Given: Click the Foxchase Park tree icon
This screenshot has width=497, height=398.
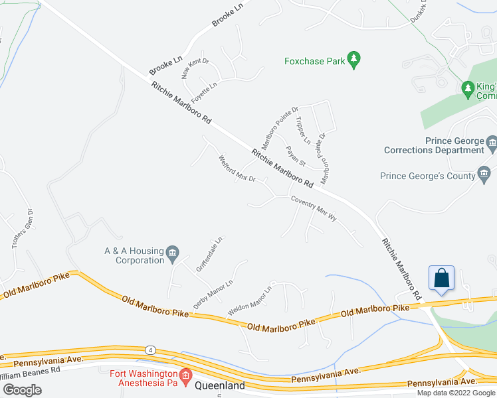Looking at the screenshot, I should pos(354,61).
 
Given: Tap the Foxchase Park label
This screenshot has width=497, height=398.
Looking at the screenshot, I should pos(314,61).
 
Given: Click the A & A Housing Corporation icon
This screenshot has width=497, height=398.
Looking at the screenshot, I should pos(173,252).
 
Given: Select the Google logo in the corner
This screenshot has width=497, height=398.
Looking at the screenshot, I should pos(22,389).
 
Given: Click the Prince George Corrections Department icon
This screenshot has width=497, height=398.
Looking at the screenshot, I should pos(492,142).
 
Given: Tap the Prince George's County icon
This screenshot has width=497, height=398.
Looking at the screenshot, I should pos(484,176).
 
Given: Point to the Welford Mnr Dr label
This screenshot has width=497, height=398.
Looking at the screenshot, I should pos(237,171).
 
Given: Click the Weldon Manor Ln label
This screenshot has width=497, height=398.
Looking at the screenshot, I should pos(250,301).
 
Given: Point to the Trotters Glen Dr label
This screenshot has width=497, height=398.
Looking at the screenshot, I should pos(22,230).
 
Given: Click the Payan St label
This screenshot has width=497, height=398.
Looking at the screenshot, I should pos(295,156).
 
